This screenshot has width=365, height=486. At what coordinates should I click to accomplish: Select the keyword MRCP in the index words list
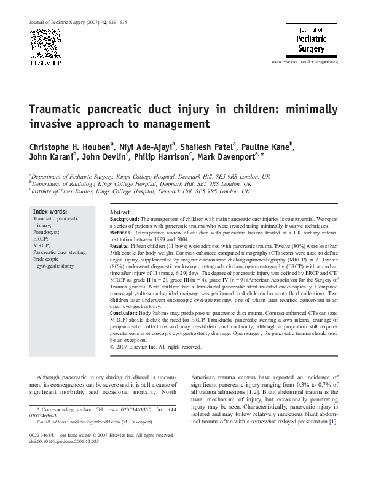click(41, 245)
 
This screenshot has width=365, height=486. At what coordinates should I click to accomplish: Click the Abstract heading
click(120, 212)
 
